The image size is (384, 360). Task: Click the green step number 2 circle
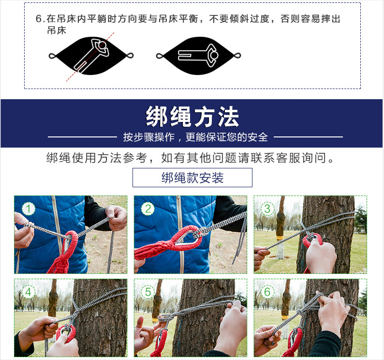148,209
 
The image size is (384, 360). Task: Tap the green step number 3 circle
267,209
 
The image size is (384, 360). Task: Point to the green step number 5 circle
148,292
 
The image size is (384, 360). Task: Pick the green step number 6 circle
267,292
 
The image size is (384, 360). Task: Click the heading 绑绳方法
192,117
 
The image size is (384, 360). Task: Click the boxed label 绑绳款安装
192,178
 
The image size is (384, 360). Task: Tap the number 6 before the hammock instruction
39,19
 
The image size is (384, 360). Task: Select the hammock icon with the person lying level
199,56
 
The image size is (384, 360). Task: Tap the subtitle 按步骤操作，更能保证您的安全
195,137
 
